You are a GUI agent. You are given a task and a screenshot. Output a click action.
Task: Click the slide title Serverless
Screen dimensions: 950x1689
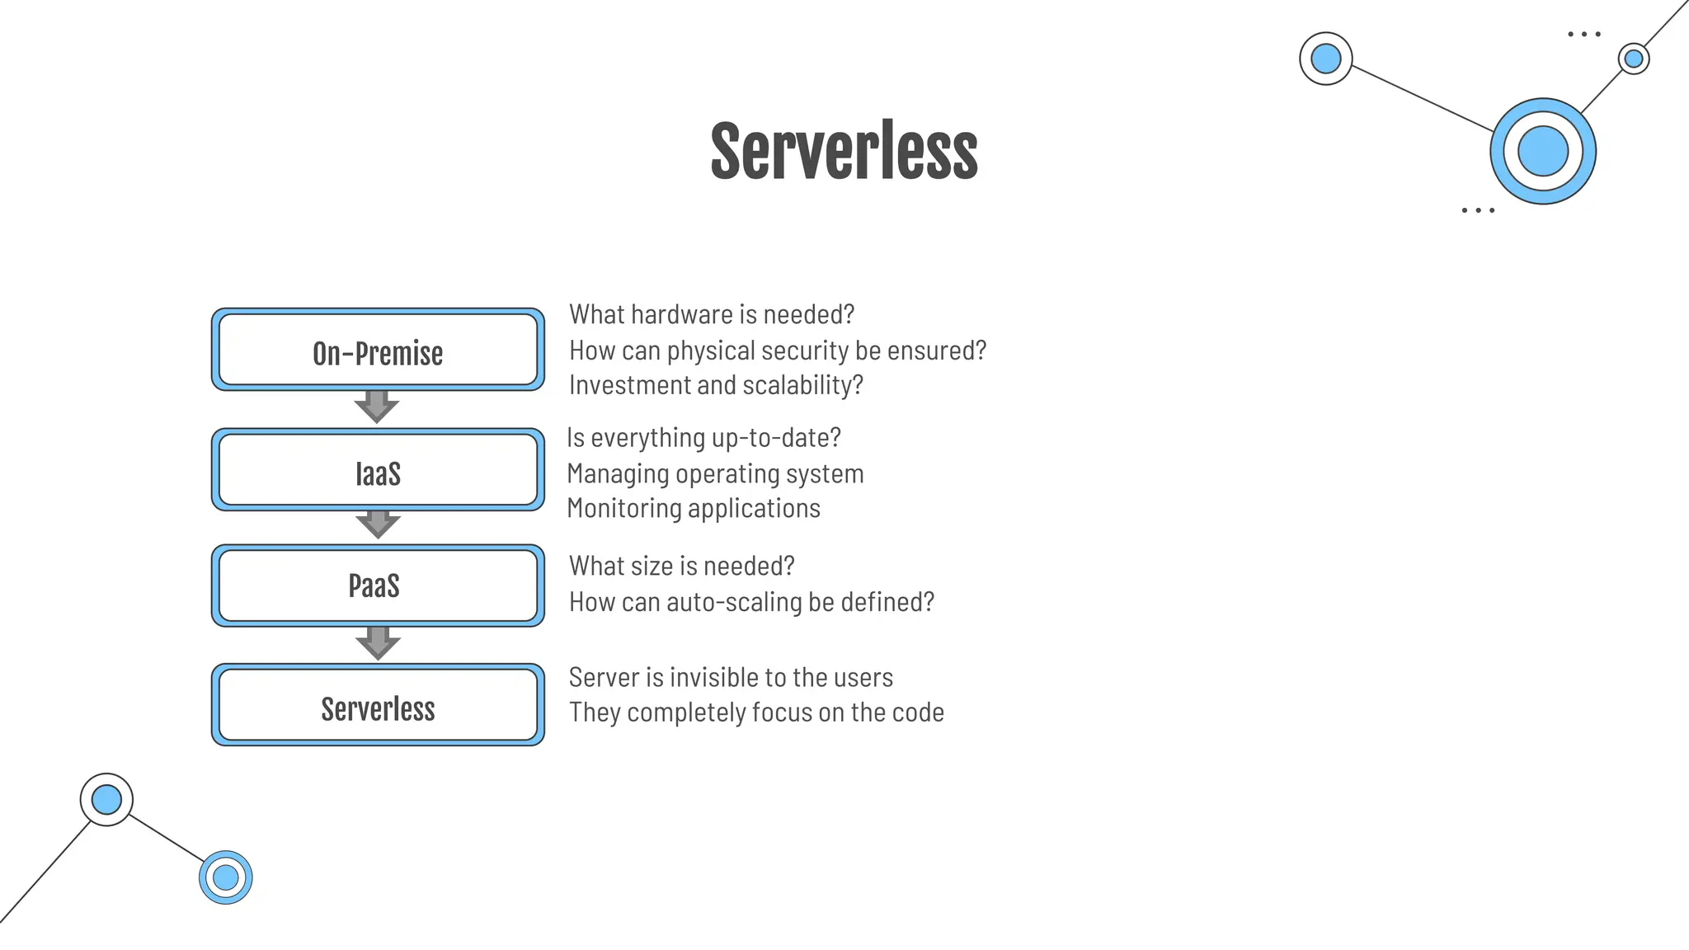pyautogui.click(x=844, y=152)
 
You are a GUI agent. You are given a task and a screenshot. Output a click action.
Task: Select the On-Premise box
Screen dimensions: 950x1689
pyautogui.click(x=378, y=350)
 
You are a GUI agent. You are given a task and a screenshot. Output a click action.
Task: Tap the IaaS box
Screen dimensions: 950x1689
pyautogui.click(x=378, y=471)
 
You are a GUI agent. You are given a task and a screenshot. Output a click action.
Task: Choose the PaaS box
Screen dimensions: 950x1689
pyautogui.click(x=378, y=586)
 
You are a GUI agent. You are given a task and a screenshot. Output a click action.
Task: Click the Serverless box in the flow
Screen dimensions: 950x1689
pyautogui.click(x=378, y=706)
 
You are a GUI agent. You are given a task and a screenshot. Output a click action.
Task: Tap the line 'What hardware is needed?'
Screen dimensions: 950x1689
pyautogui.click(x=712, y=315)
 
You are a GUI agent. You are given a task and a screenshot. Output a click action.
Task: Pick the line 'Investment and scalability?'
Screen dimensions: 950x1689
pyautogui.click(x=716, y=386)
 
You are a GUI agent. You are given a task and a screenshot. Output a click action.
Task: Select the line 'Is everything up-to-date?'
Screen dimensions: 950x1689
pyautogui.click(x=703, y=438)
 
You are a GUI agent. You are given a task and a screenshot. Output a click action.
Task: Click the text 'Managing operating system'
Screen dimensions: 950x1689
pyautogui.click(x=715, y=474)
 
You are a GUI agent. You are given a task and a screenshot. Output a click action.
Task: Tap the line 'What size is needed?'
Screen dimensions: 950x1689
pyautogui.click(x=681, y=567)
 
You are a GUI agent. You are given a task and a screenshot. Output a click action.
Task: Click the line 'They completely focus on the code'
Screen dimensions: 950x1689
pyautogui.click(x=756, y=712)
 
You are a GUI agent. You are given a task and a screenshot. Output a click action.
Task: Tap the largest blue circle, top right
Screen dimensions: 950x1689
pyautogui.click(x=1542, y=152)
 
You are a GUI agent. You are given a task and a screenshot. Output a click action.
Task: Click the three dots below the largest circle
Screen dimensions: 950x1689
pyautogui.click(x=1477, y=211)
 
